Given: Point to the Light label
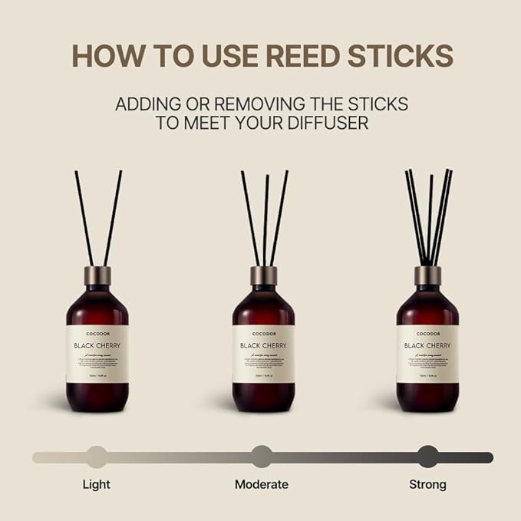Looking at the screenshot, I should [96, 484].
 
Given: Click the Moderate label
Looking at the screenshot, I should [262, 484].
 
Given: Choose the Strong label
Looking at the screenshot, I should [427, 484].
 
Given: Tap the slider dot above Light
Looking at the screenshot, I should [96, 457].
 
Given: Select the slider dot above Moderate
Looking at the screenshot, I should [262, 457].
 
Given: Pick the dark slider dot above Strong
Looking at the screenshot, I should [427, 457].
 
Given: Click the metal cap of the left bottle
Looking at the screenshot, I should [97, 275].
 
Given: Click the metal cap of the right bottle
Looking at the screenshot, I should [427, 275].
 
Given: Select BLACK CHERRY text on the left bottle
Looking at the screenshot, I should [97, 345].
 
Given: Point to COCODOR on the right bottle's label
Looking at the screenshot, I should [427, 334].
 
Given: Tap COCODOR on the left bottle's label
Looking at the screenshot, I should [97, 334].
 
